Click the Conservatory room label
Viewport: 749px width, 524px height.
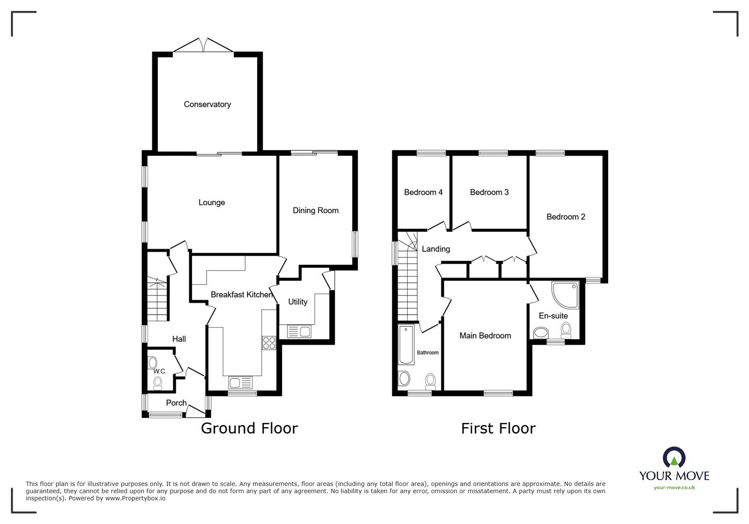tap(207, 104)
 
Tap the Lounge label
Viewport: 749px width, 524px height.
tap(212, 202)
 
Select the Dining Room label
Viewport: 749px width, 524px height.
tap(316, 210)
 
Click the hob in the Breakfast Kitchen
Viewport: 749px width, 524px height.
tap(269, 343)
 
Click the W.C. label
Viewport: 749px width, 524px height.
tap(160, 371)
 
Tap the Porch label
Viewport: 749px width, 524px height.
tap(176, 403)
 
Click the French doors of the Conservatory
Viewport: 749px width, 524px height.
tap(203, 46)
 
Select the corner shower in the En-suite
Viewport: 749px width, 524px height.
tap(565, 295)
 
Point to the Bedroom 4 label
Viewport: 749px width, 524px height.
tap(423, 192)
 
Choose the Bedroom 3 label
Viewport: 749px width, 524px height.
tap(489, 192)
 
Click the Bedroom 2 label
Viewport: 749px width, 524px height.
tap(565, 217)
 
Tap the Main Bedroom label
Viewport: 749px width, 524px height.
tap(485, 335)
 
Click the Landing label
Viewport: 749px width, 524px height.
tap(436, 249)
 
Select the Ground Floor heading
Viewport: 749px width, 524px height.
tap(249, 428)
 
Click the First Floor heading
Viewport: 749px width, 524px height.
tap(498, 428)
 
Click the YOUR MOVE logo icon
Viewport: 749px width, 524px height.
tap(674, 458)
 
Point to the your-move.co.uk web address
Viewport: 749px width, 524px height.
tap(674, 487)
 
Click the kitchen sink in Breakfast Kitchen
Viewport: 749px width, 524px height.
tap(240, 383)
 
